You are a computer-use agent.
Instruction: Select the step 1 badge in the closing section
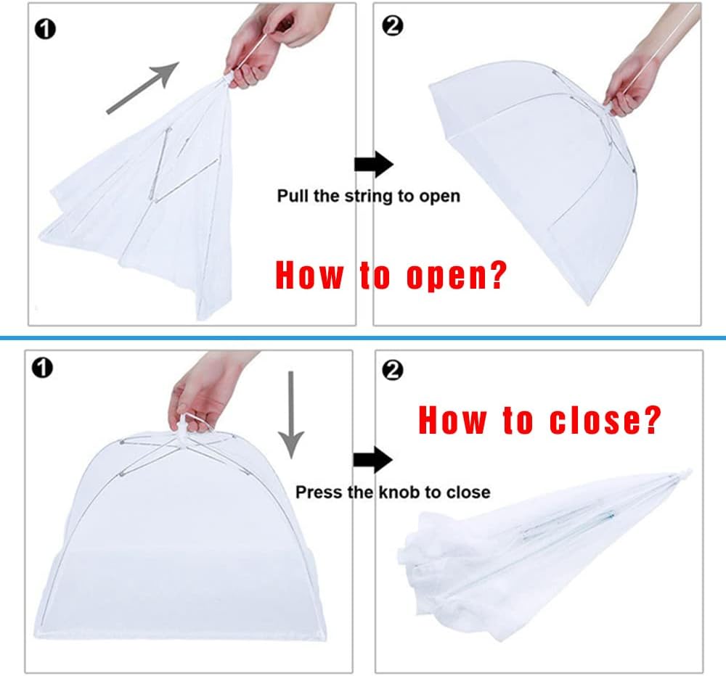point(44,369)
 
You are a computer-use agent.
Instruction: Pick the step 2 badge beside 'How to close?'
point(393,371)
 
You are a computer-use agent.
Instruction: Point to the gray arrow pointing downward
point(291,414)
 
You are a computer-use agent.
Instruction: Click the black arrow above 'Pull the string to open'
point(373,165)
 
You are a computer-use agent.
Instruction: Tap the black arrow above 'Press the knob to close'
point(372,459)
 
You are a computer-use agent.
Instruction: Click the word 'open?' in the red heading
point(454,276)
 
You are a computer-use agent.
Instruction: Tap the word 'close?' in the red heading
point(605,420)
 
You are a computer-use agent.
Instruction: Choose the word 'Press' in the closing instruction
point(318,492)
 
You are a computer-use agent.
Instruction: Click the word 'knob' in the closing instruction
point(398,492)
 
